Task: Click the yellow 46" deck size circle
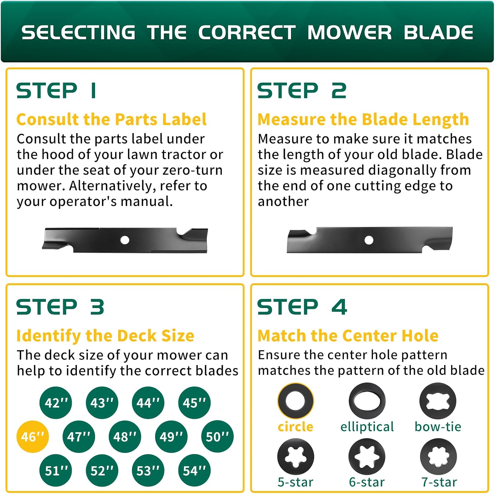coord(33,437)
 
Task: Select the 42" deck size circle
coord(56,403)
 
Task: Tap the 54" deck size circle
coord(194,471)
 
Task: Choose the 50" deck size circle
coord(217,437)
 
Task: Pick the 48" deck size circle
coord(125,437)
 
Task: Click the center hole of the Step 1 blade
coord(125,240)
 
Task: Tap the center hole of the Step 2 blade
coord(369,240)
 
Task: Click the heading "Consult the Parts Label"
coord(112,119)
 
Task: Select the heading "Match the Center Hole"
coord(348,336)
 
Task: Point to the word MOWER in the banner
coord(349,32)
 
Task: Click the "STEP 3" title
coord(60,307)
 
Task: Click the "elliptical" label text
coord(367,427)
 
